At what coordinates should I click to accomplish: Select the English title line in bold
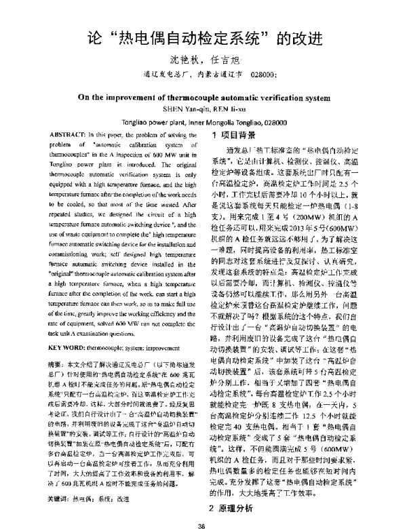pyautogui.click(x=203, y=97)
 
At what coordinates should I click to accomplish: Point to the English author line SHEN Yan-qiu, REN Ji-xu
pyautogui.click(x=203, y=108)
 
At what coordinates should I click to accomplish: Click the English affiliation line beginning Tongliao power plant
pyautogui.click(x=203, y=123)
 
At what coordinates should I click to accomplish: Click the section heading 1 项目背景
pyautogui.click(x=233, y=136)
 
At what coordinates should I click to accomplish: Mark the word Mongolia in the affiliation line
pyautogui.click(x=209, y=123)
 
